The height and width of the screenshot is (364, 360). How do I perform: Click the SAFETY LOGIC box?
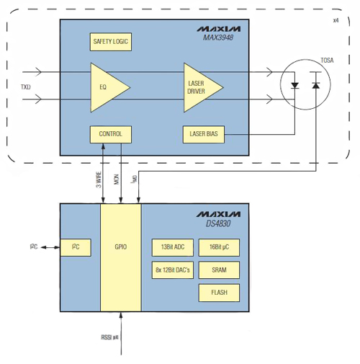coord(110,42)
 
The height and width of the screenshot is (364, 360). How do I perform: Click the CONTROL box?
coord(110,133)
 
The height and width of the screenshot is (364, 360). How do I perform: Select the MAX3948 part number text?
coord(222,38)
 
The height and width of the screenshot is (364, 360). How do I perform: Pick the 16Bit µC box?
coord(219,247)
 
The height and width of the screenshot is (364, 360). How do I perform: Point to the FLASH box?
coord(219,293)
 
